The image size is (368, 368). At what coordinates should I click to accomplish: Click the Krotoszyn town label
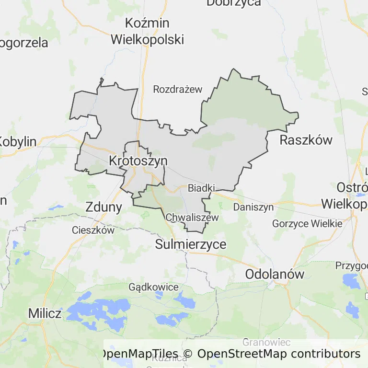point(138,161)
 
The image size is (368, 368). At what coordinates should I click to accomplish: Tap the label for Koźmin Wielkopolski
point(147,31)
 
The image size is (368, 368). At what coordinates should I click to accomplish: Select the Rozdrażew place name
point(178,89)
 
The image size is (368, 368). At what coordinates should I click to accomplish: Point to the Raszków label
point(306,140)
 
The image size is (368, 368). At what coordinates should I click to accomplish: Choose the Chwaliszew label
point(192,218)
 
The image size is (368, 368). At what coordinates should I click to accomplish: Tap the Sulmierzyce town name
point(191,244)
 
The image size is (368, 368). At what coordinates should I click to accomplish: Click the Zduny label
point(104,207)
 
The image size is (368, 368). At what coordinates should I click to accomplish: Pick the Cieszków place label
point(93,230)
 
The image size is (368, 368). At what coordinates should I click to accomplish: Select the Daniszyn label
point(253,207)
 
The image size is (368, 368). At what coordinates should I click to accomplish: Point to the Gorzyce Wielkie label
point(307,223)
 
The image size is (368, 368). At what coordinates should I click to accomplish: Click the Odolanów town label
point(275,274)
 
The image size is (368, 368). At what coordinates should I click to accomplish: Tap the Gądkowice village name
point(153,287)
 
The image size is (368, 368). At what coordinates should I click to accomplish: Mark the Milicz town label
point(45,313)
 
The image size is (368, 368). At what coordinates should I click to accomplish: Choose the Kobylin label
point(18,141)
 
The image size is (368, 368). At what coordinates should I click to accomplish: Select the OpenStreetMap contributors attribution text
point(279,354)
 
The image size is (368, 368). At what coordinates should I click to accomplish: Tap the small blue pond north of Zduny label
point(56,208)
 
